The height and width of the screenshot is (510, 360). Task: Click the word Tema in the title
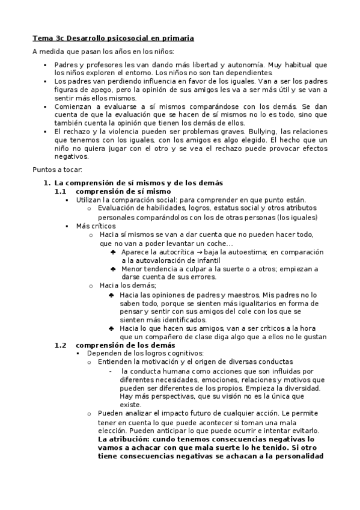point(41,38)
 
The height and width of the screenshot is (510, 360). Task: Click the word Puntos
point(44,169)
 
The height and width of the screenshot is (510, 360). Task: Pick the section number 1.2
point(60,345)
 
